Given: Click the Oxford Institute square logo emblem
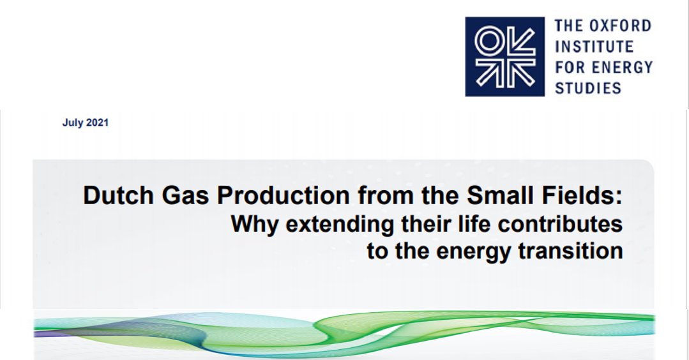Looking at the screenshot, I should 504,57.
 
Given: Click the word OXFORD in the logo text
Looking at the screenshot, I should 619,26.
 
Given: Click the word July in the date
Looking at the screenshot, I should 72,123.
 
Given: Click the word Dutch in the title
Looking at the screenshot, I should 112,196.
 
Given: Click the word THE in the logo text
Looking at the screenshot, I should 570,26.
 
